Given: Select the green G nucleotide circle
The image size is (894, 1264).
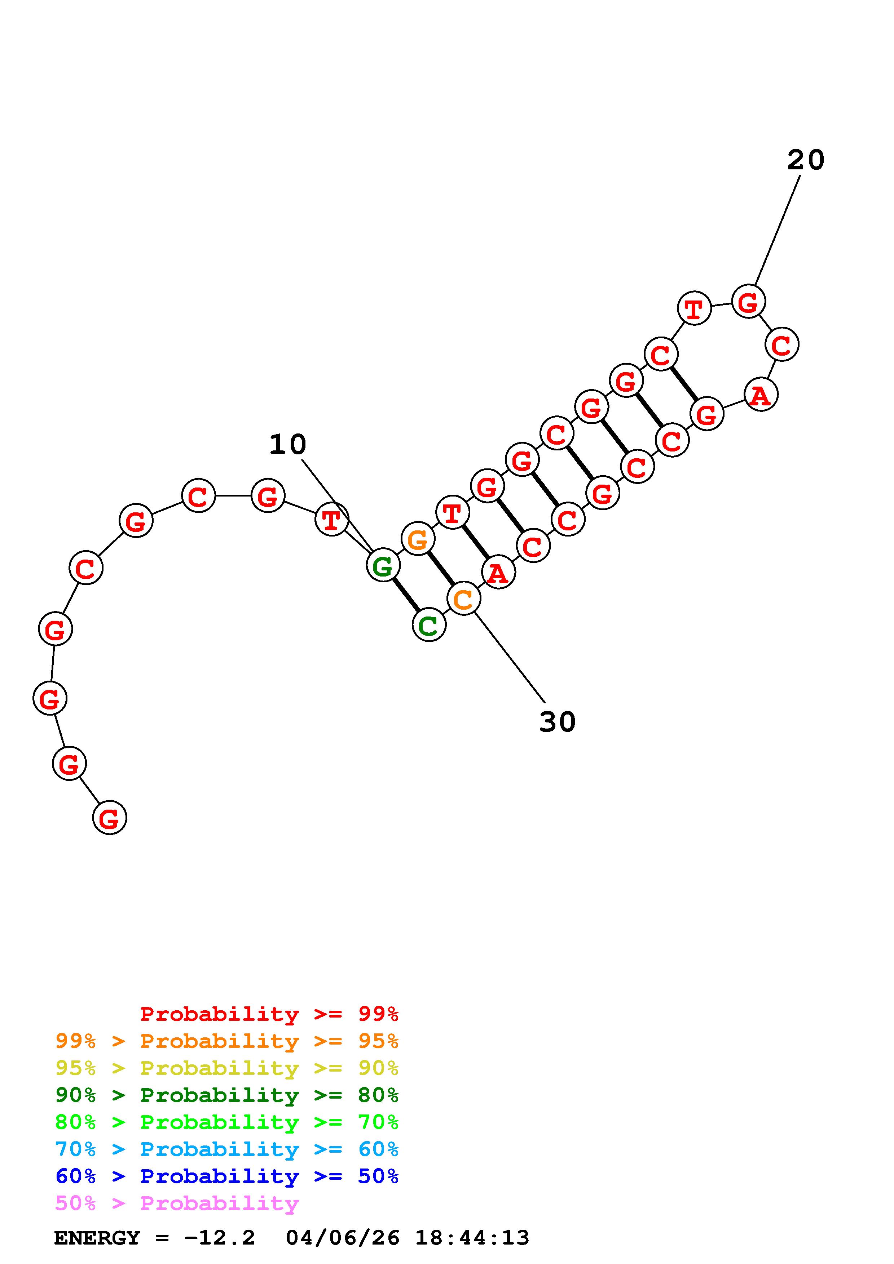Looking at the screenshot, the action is click(383, 565).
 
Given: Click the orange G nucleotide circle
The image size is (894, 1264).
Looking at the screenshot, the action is click(418, 539).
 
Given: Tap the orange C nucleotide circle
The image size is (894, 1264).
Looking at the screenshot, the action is click(464, 599).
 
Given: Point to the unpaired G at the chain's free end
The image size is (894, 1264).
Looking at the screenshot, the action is click(110, 818).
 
